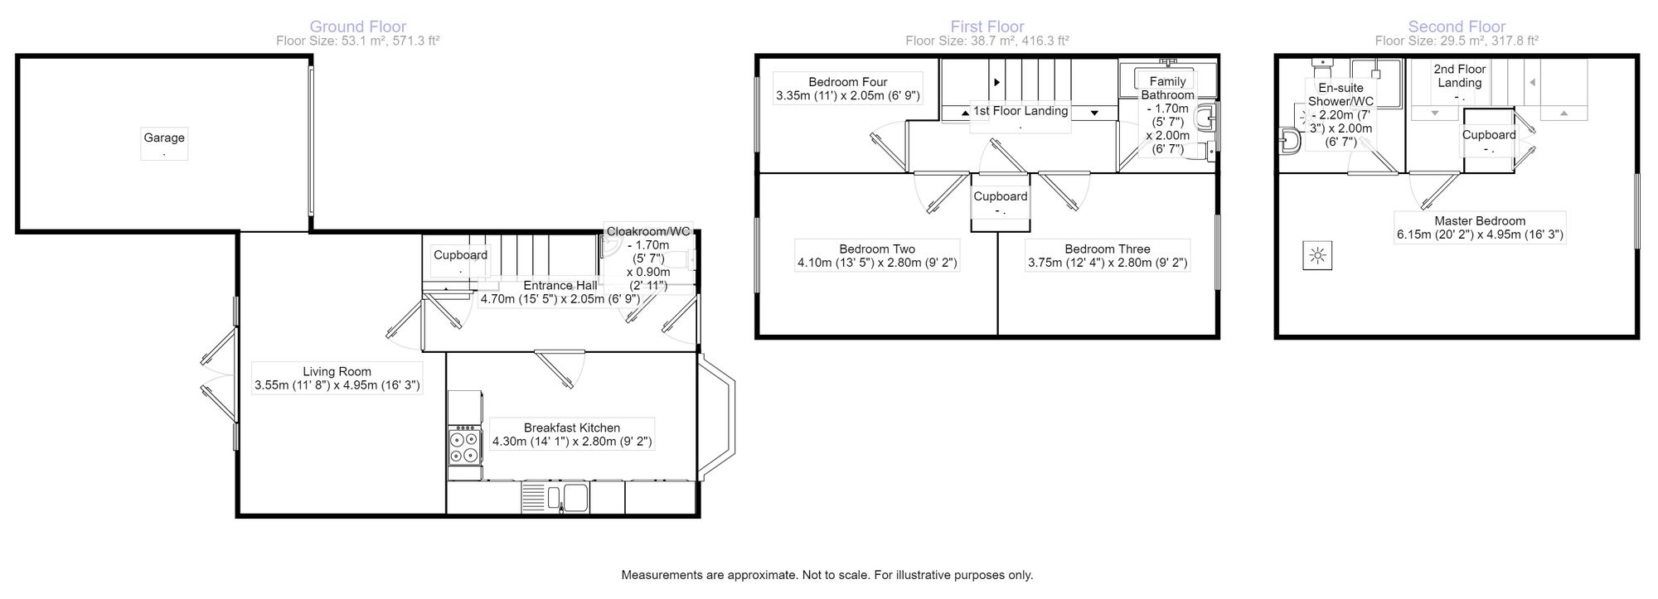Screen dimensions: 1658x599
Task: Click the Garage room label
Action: [164, 138]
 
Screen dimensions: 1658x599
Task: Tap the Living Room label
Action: [337, 372]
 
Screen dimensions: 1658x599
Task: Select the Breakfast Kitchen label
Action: [572, 428]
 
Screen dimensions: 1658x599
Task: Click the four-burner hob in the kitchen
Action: [465, 445]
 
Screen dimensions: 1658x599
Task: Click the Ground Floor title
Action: [358, 27]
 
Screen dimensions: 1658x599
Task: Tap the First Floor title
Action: [987, 27]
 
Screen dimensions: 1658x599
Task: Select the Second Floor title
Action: [1457, 27]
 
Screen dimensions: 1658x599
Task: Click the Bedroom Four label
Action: [848, 82]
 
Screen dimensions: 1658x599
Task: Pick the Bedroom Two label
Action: [877, 249]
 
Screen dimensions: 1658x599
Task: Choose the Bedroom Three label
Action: [1108, 249]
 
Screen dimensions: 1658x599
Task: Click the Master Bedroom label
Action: [1480, 221]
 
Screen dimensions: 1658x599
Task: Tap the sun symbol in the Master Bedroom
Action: [1317, 257]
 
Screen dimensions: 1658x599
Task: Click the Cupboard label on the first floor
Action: [1001, 196]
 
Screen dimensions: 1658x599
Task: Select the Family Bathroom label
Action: [1167, 88]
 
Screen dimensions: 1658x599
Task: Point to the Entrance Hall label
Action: [560, 286]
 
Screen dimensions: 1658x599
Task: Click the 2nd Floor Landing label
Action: [1460, 76]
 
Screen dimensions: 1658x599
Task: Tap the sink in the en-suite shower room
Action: [1289, 142]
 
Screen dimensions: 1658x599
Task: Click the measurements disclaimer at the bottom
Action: [827, 575]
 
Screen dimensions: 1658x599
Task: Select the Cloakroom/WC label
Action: [648, 232]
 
